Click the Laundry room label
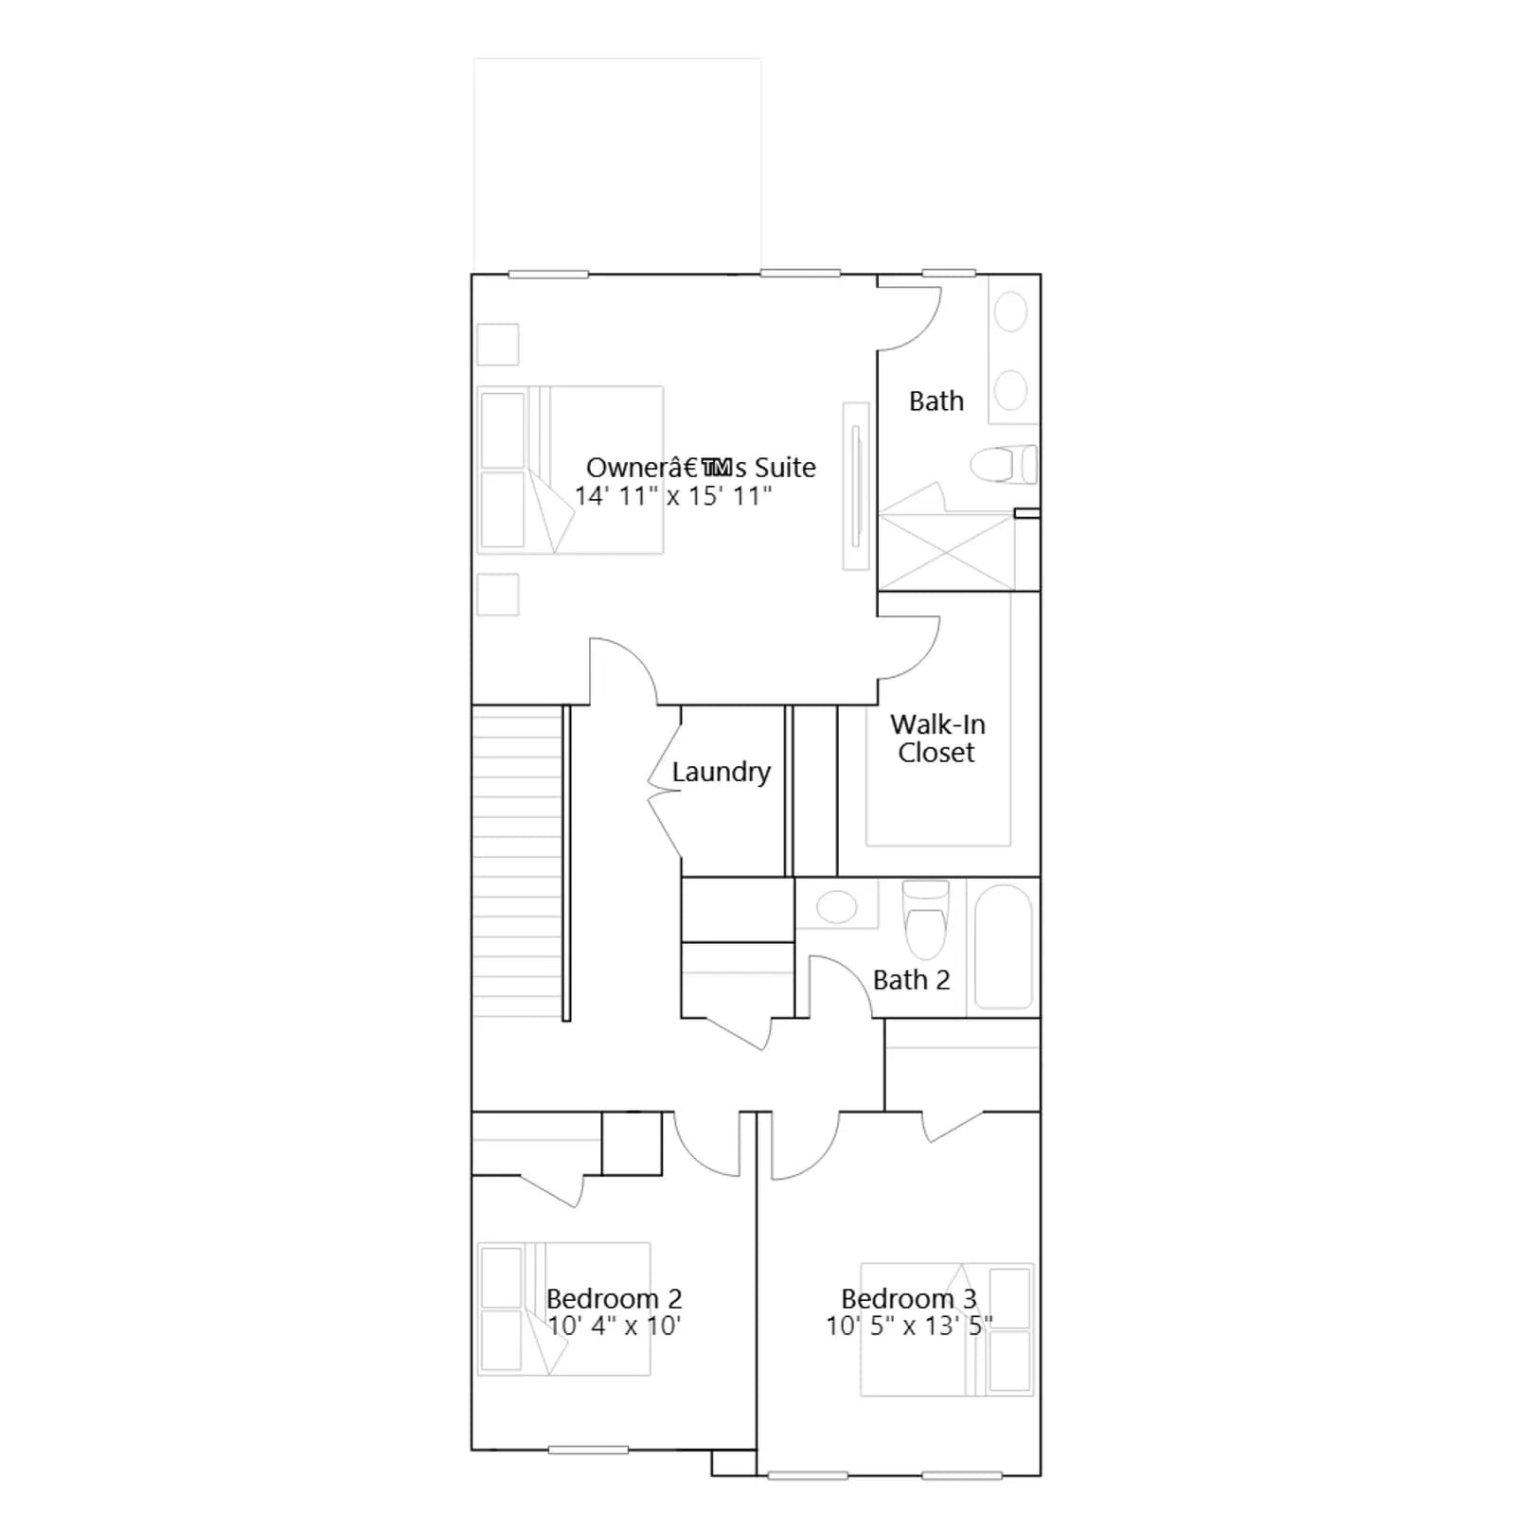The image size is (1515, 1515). [721, 773]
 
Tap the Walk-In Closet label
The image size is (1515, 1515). [937, 739]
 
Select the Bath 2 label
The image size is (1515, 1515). [911, 980]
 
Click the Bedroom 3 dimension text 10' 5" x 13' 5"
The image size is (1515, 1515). [909, 1326]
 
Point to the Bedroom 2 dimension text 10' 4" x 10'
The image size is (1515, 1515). [614, 1326]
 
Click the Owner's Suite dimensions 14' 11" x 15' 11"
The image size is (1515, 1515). [673, 496]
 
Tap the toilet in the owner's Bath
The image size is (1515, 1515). [1004, 465]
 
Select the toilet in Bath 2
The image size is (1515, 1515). [925, 919]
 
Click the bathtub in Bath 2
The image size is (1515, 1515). [1003, 947]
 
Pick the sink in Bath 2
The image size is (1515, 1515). [836, 906]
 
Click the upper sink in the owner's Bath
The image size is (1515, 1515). [1011, 312]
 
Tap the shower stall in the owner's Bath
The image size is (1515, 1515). [946, 552]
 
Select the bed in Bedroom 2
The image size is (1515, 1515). [563, 1309]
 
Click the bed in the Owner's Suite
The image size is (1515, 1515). [570, 470]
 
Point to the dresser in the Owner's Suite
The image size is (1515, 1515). [856, 486]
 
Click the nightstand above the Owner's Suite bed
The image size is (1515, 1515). [497, 345]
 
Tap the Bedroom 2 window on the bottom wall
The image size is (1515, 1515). [588, 1451]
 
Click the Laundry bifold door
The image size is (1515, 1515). [665, 792]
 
